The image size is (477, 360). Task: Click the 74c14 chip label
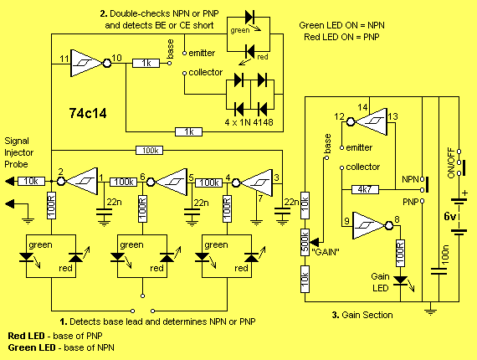click(88, 113)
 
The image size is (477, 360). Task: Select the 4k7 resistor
click(365, 189)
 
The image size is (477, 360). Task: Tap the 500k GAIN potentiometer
click(305, 242)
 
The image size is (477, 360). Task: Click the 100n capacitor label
click(445, 255)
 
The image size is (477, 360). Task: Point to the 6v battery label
click(450, 216)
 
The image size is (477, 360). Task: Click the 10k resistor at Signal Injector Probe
click(31, 182)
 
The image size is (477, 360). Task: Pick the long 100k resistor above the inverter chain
click(149, 150)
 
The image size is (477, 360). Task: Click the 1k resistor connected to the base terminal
click(146, 63)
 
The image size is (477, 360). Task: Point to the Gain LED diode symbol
click(400, 280)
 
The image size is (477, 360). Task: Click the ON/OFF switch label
click(451, 162)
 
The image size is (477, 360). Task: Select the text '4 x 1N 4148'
click(249, 122)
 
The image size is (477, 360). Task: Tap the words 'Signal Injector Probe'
click(19, 152)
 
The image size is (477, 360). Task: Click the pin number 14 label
click(362, 107)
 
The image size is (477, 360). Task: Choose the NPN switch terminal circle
click(423, 179)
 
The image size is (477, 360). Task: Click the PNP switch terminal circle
click(423, 201)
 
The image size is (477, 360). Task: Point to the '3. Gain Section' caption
click(362, 315)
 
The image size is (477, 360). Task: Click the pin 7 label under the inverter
click(260, 198)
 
